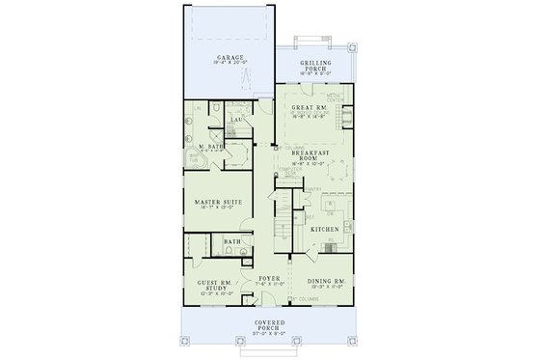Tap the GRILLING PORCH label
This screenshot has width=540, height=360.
tap(315, 64)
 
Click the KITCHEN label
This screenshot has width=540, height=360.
tap(324, 229)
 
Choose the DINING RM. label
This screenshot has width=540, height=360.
tap(325, 280)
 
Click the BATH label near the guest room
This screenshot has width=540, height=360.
tap(232, 242)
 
